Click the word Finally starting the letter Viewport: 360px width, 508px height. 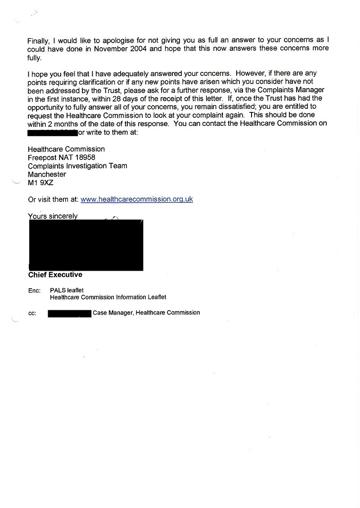[38, 40]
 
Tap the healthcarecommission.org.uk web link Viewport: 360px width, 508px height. [137, 199]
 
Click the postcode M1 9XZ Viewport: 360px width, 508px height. [40, 183]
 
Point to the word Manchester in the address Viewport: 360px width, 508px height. [47, 174]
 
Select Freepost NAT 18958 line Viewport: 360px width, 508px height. [61, 157]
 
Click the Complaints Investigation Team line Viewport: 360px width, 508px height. [77, 166]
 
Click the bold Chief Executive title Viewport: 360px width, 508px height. [55, 275]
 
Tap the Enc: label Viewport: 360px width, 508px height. [34, 291]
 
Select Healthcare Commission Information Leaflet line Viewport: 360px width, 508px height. [108, 297]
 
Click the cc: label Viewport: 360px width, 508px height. [32, 313]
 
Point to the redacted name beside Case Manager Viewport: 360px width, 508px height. [70, 313]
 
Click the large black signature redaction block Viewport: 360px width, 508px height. [85, 245]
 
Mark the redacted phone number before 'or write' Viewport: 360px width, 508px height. [52, 133]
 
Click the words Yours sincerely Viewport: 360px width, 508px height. [53, 216]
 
